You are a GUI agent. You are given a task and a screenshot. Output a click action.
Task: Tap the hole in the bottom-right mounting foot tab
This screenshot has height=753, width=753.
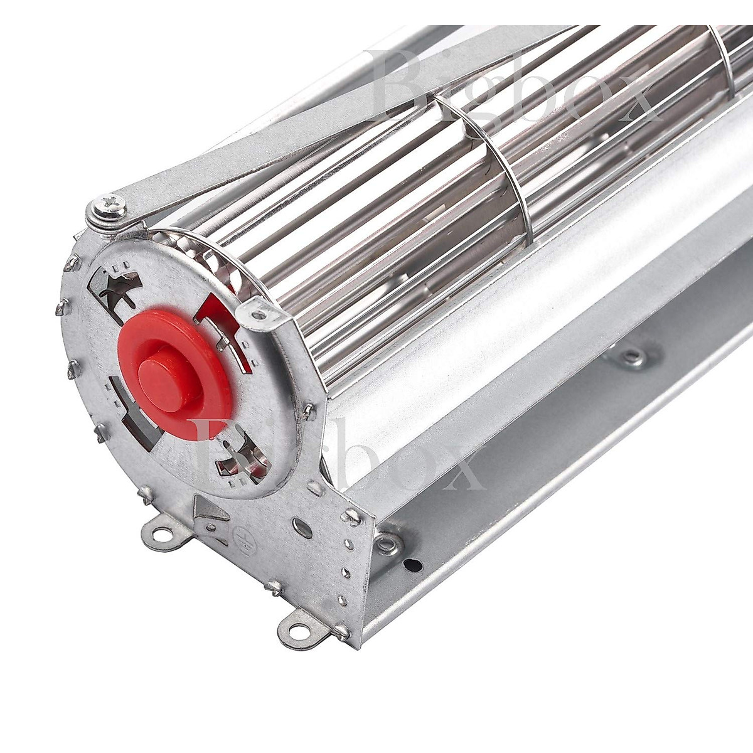point(298,630)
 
